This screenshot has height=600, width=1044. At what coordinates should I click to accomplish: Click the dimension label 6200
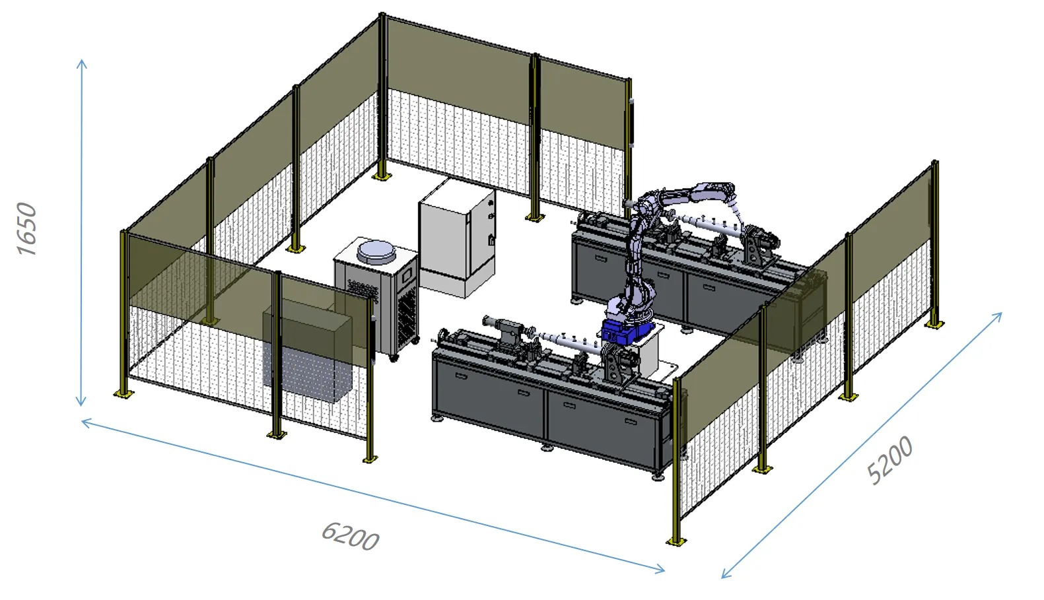(x=350, y=535)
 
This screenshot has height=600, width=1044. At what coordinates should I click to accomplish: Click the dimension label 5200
(x=889, y=460)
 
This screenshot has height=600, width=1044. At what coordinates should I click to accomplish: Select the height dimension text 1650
(x=28, y=228)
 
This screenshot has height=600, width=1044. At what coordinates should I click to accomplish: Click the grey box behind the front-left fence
(x=307, y=353)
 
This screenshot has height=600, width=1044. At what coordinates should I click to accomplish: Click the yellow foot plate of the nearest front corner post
(x=676, y=541)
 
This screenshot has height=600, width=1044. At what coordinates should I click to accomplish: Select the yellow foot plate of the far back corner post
(x=382, y=176)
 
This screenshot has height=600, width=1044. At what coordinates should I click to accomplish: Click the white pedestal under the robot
(x=650, y=353)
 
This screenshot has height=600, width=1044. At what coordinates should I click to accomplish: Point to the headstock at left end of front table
(x=509, y=330)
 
